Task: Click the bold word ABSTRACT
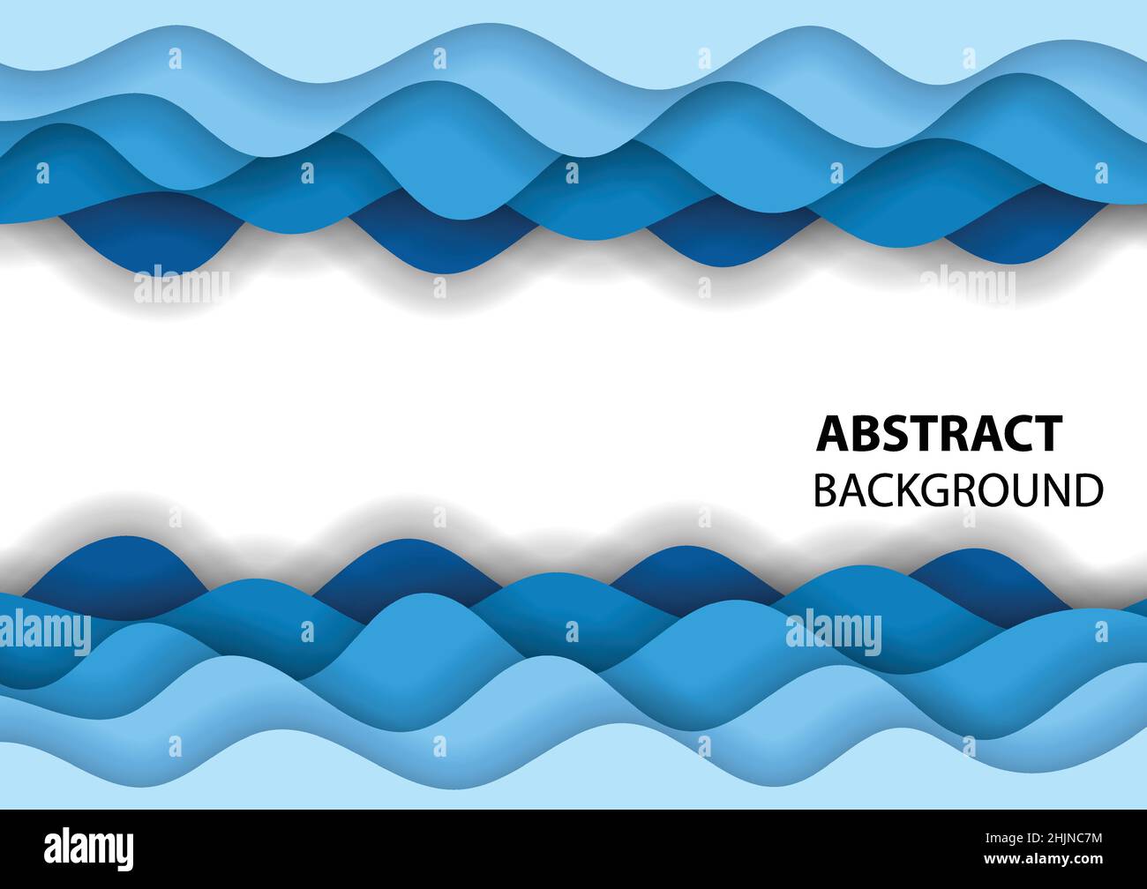pyautogui.click(x=940, y=434)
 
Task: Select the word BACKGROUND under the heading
pyautogui.click(x=957, y=491)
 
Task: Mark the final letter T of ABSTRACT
pyautogui.click(x=1047, y=434)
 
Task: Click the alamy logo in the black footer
pyautogui.click(x=89, y=848)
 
